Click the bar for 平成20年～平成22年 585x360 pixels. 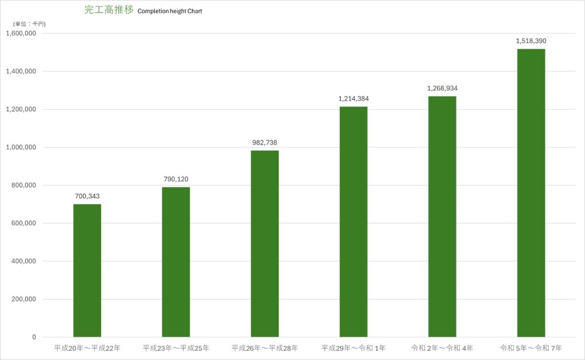click(x=87, y=270)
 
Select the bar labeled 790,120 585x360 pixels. click(x=176, y=262)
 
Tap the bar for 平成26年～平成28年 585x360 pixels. click(x=265, y=243)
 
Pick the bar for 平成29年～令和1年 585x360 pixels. click(x=353, y=222)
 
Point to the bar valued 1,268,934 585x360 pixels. click(x=442, y=217)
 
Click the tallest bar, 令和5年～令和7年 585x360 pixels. click(x=531, y=193)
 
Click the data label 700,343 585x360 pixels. click(x=87, y=196)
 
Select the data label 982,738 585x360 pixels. click(x=265, y=142)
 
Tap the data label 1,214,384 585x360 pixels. click(x=353, y=98)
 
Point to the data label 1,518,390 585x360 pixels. click(x=531, y=41)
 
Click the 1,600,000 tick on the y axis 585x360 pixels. click(x=21, y=33)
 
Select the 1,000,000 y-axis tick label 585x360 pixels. click(x=21, y=147)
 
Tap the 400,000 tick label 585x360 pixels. click(x=23, y=261)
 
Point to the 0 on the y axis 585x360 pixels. click(x=34, y=337)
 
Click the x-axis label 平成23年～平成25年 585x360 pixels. click(x=176, y=348)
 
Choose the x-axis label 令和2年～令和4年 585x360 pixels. click(x=442, y=348)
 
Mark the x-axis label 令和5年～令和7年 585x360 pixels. click(x=531, y=348)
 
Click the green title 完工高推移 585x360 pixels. click(x=109, y=10)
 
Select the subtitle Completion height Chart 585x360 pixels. click(x=170, y=11)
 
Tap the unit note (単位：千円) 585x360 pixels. click(x=30, y=24)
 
